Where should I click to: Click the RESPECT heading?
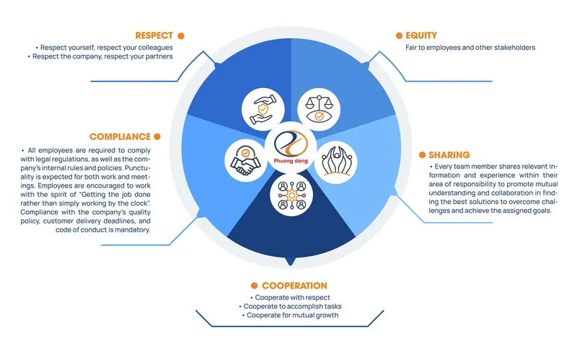coord(154,35)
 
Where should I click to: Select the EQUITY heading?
coord(421,35)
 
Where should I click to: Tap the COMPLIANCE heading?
coord(120,137)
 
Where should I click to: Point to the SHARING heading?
coord(449,155)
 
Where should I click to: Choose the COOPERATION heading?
coord(294,286)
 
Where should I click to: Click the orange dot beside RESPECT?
coord(181,35)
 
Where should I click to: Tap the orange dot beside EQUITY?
coord(399,35)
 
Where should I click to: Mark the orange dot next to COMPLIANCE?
coord(157,137)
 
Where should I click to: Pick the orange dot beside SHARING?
coord(422,155)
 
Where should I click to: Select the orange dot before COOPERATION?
coord(254,286)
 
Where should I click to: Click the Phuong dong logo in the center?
coord(291,147)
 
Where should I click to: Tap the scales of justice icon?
coord(319,110)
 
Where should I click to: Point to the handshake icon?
coord(246,160)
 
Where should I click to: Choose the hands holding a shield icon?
coord(263,110)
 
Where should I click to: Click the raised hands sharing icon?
coord(336,162)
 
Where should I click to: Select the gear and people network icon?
coord(291,195)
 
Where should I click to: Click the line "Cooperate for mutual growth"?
coord(293,315)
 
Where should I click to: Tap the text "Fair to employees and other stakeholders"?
coord(470,48)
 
